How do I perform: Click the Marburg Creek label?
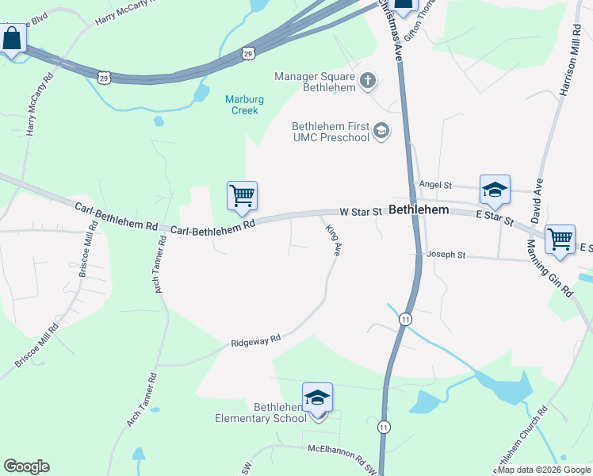[244, 105]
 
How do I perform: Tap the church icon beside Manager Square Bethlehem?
[368, 80]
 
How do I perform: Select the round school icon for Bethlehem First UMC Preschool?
[381, 130]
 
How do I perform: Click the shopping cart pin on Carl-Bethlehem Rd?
[242, 195]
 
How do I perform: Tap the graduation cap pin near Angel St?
[495, 190]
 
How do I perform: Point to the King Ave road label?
[334, 240]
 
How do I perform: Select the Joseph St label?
[446, 255]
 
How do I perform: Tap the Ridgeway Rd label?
[256, 341]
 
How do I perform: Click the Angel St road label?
[435, 185]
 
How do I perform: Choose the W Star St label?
[361, 212]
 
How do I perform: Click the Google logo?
[26, 466]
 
